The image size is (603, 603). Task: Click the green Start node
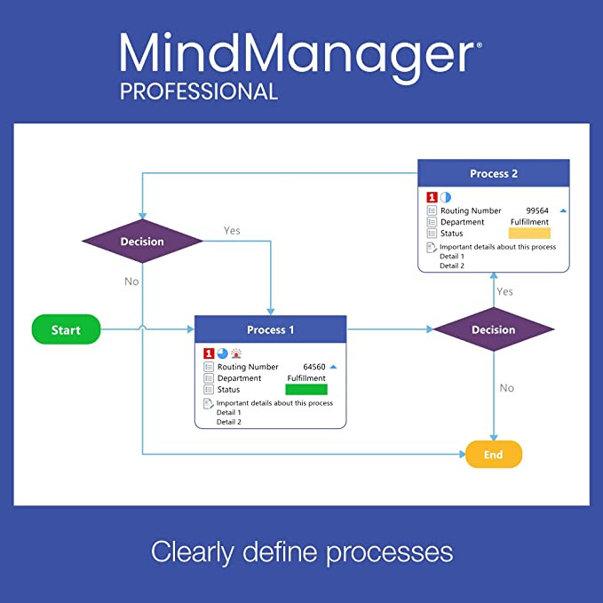coord(67,330)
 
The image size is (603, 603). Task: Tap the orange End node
coord(494,455)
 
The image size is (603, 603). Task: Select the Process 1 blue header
coord(270,329)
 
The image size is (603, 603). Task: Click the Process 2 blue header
coord(494,174)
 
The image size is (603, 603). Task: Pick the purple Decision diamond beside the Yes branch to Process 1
coord(142,242)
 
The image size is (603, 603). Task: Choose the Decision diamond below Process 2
coord(493,330)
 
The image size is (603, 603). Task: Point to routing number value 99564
coord(538,211)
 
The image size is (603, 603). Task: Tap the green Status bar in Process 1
coord(306,390)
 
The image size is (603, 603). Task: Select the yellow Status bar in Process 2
coord(529,234)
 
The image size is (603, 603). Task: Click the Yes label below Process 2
coord(504,291)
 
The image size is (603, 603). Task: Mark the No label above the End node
coord(506,388)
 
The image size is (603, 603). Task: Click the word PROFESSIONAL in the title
coord(199,91)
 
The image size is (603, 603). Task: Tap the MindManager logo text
coord(299,52)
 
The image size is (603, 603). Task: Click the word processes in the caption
coord(389,551)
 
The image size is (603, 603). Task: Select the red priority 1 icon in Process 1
coord(209,353)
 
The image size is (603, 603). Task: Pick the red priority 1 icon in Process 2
coord(432,197)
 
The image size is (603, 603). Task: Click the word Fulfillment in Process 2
coord(529,222)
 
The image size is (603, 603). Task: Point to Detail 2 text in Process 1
coord(229,422)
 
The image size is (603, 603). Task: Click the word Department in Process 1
coord(238,378)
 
